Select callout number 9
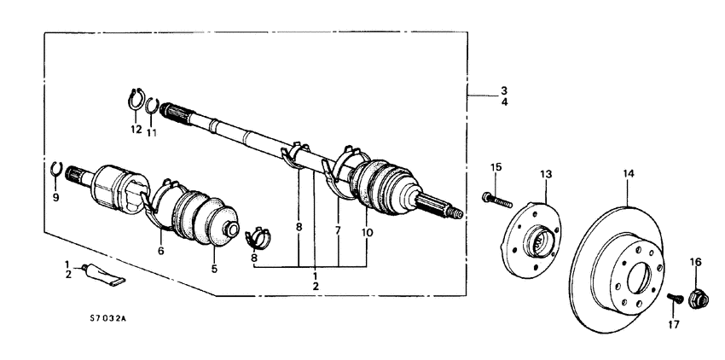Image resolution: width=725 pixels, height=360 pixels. pos(57,197)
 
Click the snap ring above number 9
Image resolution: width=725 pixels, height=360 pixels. pos(56,170)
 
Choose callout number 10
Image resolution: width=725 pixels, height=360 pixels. pos(368,231)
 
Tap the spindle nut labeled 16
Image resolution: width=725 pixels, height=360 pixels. pos(696,298)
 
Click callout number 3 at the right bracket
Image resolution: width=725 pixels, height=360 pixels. pos(504,90)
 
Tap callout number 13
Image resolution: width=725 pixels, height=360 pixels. pos(547,174)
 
